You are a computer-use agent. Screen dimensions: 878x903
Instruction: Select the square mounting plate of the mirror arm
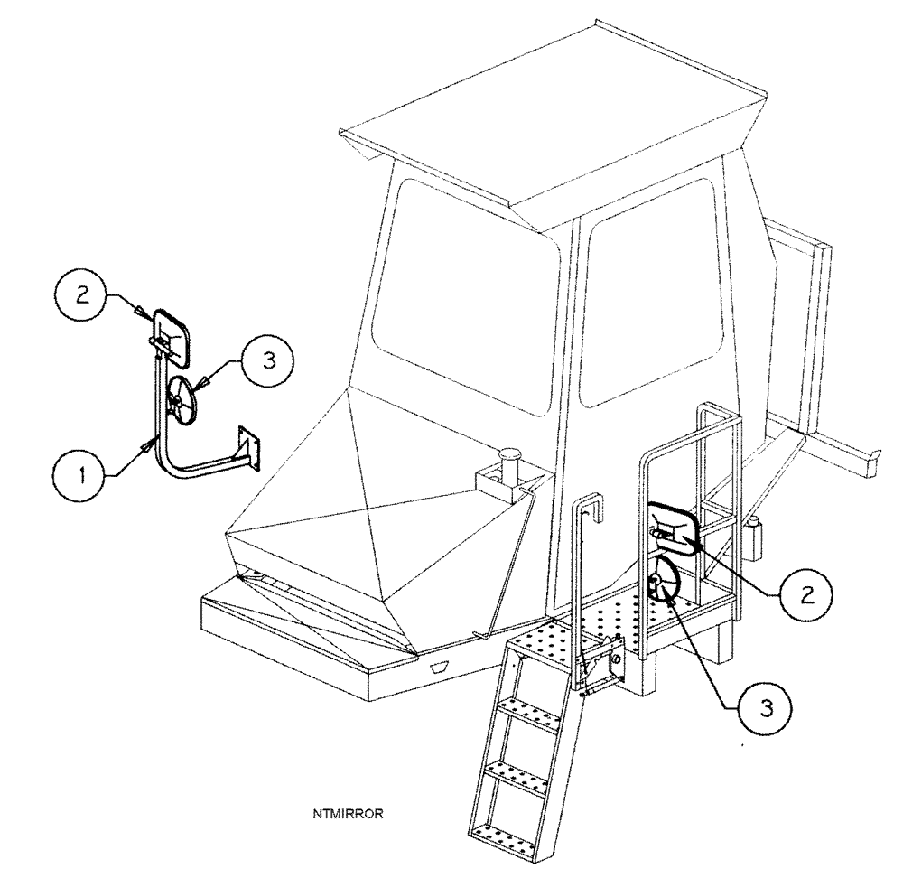248,449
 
